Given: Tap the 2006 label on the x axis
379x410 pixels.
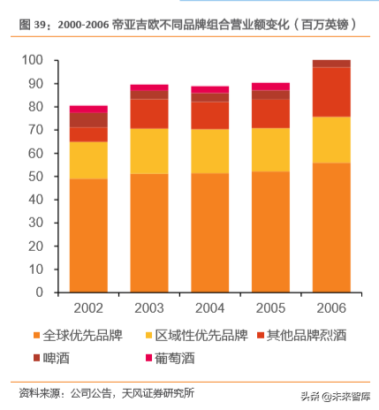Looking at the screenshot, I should (x=331, y=307).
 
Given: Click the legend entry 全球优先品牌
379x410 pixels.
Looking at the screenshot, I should (x=81, y=336).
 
